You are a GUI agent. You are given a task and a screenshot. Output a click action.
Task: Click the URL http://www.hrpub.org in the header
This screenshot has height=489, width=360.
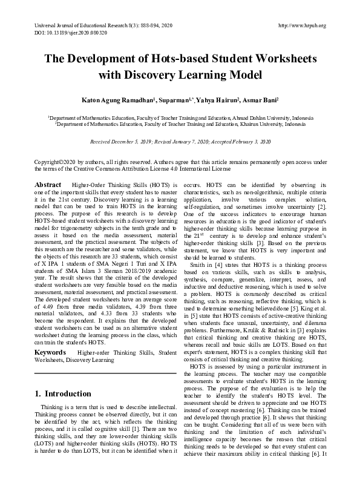(301, 25)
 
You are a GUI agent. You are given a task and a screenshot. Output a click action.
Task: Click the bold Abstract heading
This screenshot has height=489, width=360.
(48, 183)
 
